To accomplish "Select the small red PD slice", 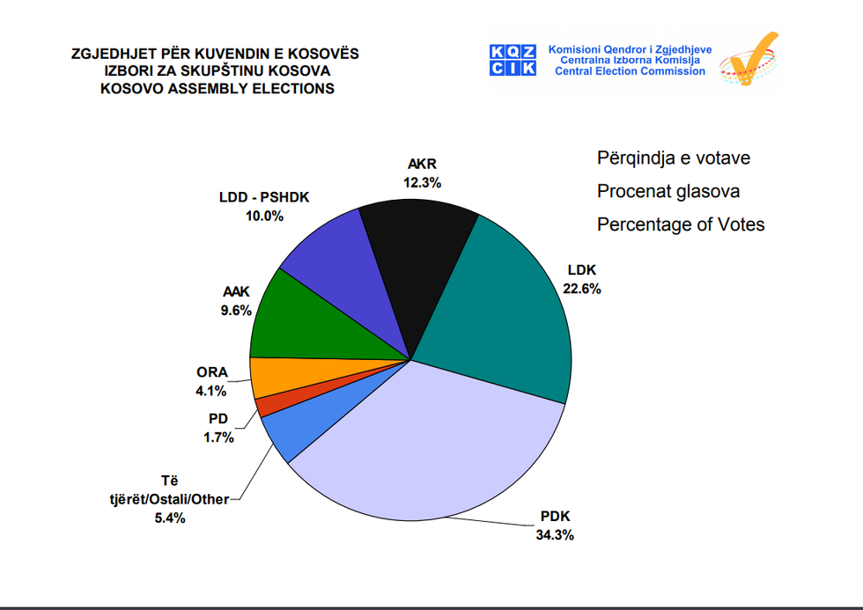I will coord(269,404).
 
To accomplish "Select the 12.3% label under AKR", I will coord(423,182).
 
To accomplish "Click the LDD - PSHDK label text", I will coord(264,197).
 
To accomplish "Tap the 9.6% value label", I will coord(236,310).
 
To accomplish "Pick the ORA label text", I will coord(211,372).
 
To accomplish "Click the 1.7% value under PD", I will coord(218,437).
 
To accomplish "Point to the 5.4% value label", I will coord(169,518).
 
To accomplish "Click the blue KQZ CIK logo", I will coord(513,60).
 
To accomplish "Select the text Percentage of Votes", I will coord(680,224).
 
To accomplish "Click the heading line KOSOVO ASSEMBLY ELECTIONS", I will coord(216,89).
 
